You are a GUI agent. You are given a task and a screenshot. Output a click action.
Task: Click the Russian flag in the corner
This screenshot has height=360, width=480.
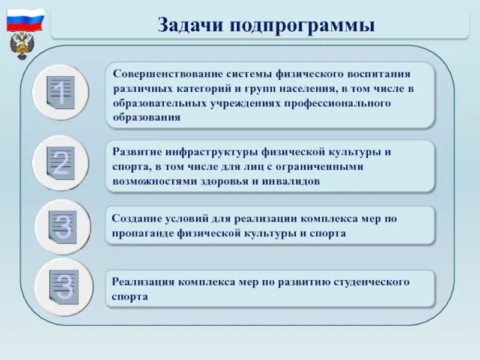pyautogui.click(x=26, y=20)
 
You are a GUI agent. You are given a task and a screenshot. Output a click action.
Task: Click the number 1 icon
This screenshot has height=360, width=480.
pyautogui.click(x=60, y=93)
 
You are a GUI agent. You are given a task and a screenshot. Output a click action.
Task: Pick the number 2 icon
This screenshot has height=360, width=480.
pyautogui.click(x=61, y=163)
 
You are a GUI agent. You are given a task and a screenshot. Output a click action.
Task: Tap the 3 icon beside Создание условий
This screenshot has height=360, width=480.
pyautogui.click(x=62, y=226)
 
